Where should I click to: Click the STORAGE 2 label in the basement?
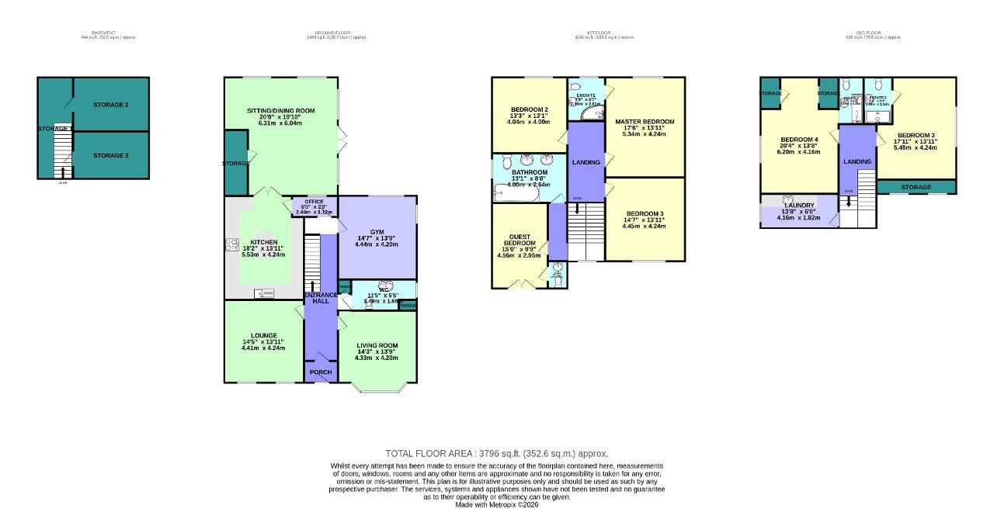(x=110, y=104)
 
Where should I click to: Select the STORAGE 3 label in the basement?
(x=110, y=155)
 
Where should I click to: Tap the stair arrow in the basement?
(x=62, y=171)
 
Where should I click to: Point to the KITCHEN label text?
(x=262, y=242)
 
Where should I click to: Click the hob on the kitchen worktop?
(x=231, y=245)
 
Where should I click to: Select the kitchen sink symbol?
(x=264, y=293)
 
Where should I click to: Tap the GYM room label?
(x=377, y=232)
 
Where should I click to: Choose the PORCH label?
(x=321, y=372)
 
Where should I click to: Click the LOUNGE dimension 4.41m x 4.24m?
(x=262, y=348)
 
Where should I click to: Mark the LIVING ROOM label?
(x=377, y=345)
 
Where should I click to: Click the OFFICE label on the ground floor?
(x=314, y=202)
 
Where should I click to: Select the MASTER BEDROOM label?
(x=645, y=122)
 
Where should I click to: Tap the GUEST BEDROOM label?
(x=519, y=240)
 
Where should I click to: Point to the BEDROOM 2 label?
(x=530, y=109)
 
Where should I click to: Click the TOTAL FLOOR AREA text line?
(x=496, y=453)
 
